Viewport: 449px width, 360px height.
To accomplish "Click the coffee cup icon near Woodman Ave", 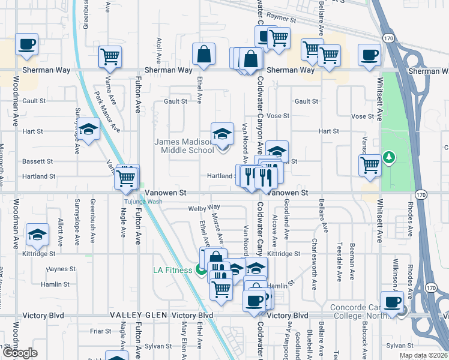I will click(26, 44).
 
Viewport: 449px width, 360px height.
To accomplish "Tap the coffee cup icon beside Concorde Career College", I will click(393, 302).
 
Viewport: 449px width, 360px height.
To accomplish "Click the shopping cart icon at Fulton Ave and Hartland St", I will click(126, 177).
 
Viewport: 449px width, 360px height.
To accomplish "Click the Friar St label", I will click(100, 331).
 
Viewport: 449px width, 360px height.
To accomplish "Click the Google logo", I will click(20, 353).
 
